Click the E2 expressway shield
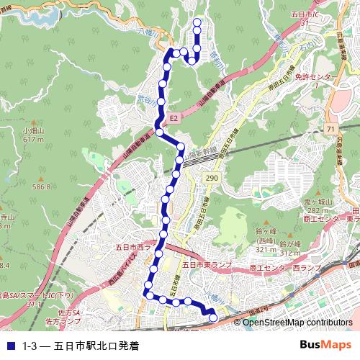pos(174,116)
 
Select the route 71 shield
pos(330,128)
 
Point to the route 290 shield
pos(211,176)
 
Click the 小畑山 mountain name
pos(33,131)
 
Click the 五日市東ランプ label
pos(207,265)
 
